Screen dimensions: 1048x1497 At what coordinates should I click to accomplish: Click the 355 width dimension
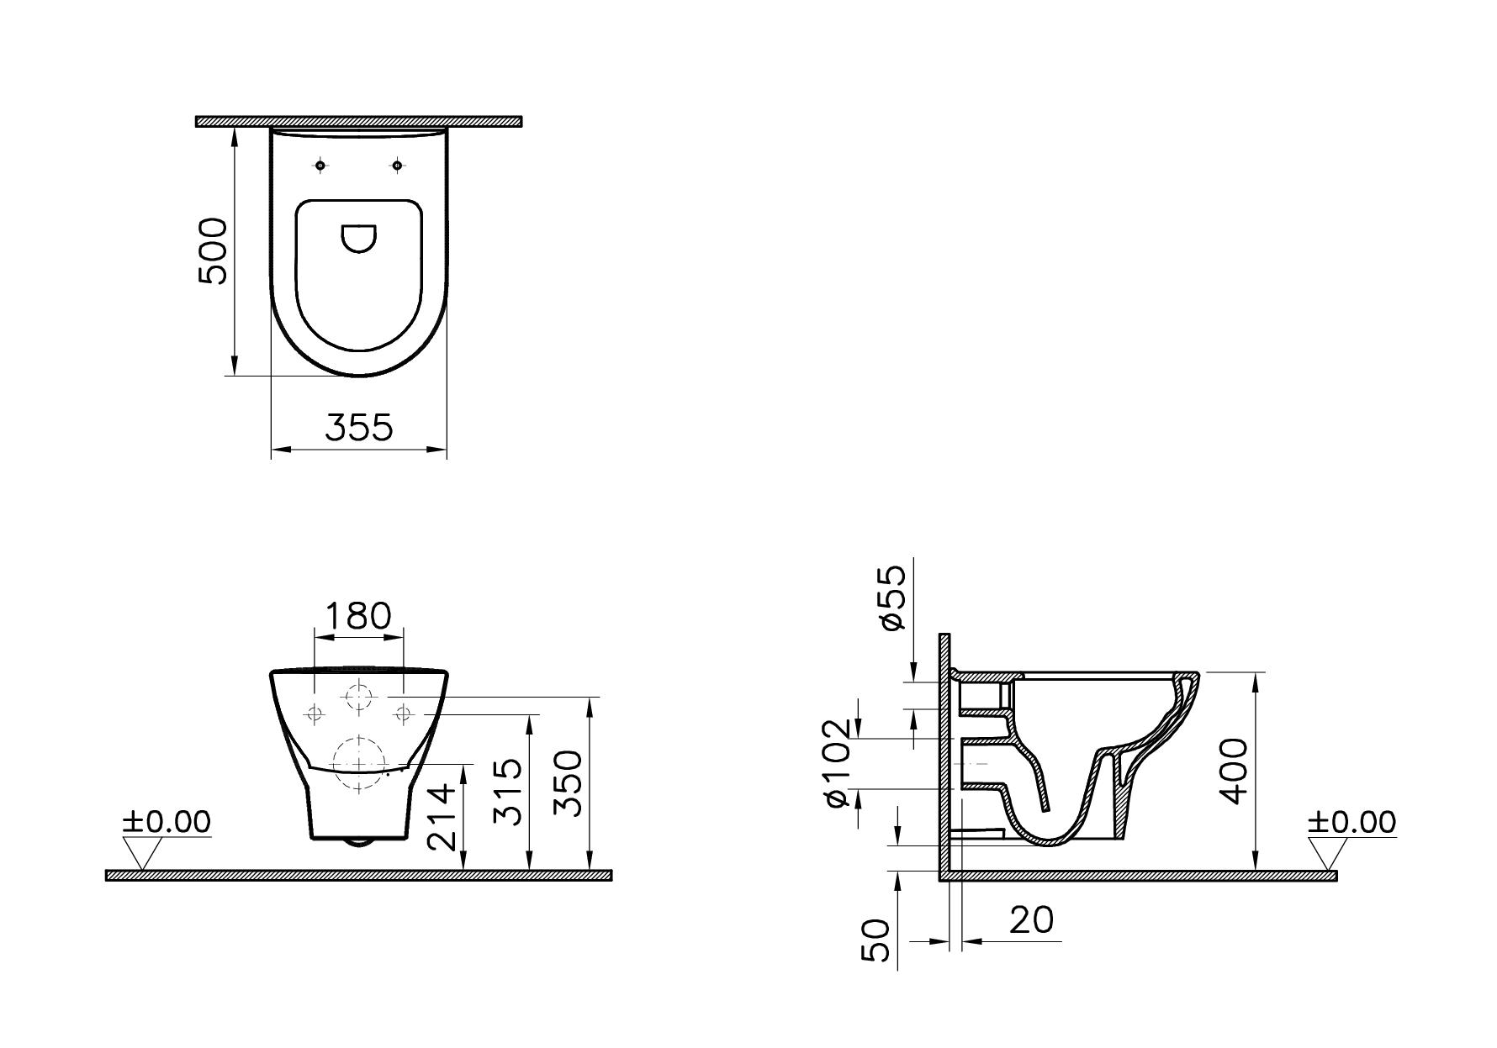click(359, 427)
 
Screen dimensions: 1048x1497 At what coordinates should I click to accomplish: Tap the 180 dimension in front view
click(358, 616)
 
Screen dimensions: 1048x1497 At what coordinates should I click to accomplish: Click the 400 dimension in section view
click(1234, 771)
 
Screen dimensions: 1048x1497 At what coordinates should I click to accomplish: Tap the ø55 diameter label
click(893, 597)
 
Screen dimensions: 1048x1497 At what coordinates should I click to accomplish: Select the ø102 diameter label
click(838, 764)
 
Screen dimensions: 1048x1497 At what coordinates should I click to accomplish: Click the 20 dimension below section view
click(1031, 920)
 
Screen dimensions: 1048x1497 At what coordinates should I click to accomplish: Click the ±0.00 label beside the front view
click(167, 821)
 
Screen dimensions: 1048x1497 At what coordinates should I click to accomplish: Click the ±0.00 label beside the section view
click(1352, 821)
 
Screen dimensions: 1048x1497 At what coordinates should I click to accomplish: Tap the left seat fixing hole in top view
click(320, 166)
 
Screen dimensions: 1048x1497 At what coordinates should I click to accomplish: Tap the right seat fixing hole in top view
click(397, 166)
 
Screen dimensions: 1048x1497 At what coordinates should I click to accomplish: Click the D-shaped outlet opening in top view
click(359, 238)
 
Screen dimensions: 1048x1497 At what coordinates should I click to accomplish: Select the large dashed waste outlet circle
click(359, 762)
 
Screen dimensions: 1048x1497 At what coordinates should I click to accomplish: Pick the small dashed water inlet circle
click(359, 698)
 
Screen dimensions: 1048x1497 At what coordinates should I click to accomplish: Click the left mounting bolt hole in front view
click(315, 714)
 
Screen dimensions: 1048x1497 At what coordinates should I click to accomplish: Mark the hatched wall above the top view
click(359, 122)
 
